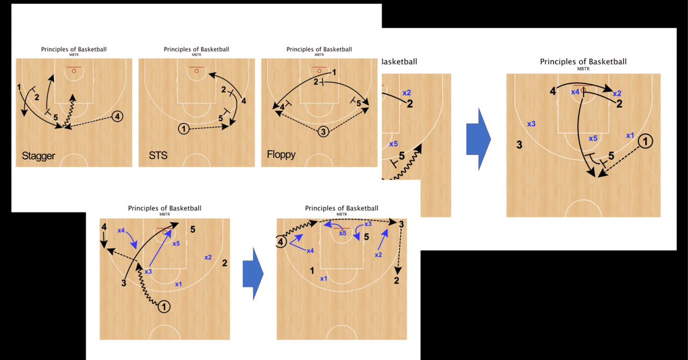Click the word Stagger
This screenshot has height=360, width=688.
(38, 156)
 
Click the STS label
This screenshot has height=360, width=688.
(158, 156)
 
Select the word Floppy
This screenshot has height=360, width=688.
(281, 155)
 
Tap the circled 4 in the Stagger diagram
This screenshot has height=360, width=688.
(118, 116)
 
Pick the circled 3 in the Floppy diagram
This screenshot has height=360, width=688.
(323, 131)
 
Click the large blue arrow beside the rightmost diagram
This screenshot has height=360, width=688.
(478, 139)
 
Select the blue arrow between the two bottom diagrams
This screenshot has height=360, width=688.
(253, 273)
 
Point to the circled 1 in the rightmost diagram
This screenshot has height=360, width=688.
(646, 141)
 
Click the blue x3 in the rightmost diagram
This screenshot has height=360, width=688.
(531, 124)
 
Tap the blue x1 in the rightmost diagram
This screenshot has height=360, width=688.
(630, 135)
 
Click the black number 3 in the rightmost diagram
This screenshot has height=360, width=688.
(519, 145)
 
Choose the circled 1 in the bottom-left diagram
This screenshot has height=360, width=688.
(164, 307)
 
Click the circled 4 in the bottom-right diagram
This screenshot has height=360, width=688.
(281, 242)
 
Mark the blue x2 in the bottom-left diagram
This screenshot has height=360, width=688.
(207, 257)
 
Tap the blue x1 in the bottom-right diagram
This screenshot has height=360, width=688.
(324, 279)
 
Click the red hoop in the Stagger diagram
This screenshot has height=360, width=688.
(74, 70)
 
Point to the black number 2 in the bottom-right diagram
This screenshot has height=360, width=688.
(397, 280)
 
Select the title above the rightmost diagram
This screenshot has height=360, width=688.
(583, 62)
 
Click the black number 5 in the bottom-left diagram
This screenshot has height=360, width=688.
(193, 229)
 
